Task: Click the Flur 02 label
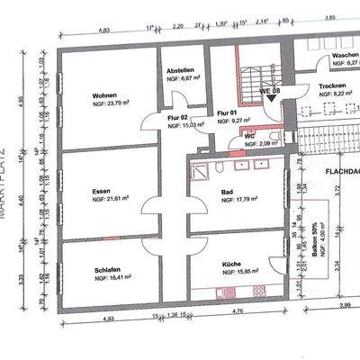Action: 177,118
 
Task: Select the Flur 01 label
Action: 227,112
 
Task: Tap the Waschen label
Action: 345,55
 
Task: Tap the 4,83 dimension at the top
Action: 104,30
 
